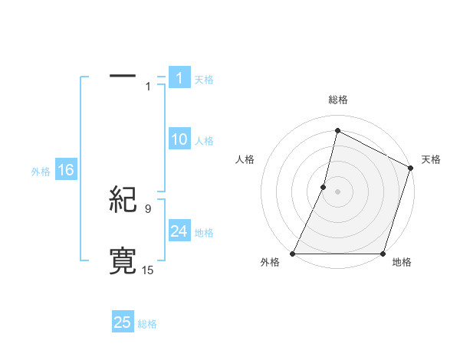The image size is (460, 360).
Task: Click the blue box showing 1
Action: (x=179, y=77)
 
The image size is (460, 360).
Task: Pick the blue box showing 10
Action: (x=179, y=139)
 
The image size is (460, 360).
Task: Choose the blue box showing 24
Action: (x=179, y=231)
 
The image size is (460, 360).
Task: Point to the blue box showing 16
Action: (x=65, y=170)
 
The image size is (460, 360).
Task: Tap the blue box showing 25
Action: (x=123, y=322)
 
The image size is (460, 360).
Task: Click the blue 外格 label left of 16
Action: (x=41, y=172)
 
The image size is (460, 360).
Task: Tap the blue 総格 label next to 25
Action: (x=147, y=324)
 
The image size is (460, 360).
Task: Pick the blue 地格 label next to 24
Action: (x=204, y=233)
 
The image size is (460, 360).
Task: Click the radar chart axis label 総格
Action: (x=338, y=100)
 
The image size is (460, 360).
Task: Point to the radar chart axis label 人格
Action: (x=245, y=159)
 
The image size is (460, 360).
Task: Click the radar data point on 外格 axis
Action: (x=293, y=254)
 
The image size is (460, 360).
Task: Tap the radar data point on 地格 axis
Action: (x=383, y=254)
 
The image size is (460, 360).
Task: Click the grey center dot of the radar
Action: (x=338, y=191)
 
